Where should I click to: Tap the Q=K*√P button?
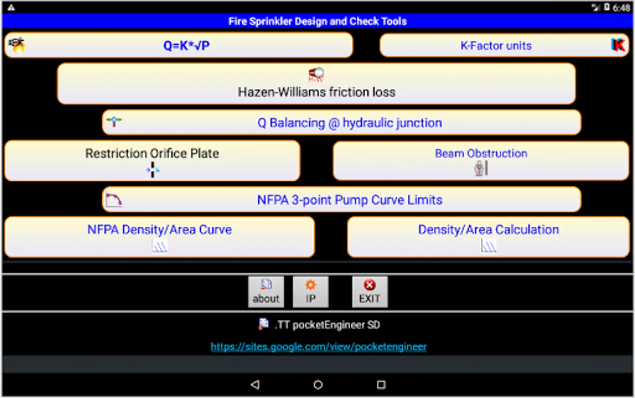pos(186,46)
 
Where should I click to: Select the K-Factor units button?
pos(496,46)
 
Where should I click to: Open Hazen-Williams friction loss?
pos(316,84)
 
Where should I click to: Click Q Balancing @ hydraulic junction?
pos(349,123)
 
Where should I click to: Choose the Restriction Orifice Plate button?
pos(152,160)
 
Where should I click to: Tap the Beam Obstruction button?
pos(481,160)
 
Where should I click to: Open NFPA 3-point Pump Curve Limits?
pos(349,200)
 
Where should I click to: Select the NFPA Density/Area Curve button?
pos(159,237)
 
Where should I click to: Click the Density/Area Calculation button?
pos(488,237)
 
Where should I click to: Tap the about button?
pos(266,292)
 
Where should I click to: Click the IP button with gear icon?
pos(310,292)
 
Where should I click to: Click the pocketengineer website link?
pos(318,347)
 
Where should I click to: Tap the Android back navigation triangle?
pos(255,385)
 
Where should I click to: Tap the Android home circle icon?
pos(318,385)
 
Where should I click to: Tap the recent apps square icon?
pos(381,385)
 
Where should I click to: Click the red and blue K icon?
pos(618,45)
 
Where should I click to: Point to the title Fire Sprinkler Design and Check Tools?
pos(317,21)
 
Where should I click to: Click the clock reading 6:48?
pos(621,8)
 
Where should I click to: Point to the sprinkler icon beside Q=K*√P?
pos(17,45)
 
